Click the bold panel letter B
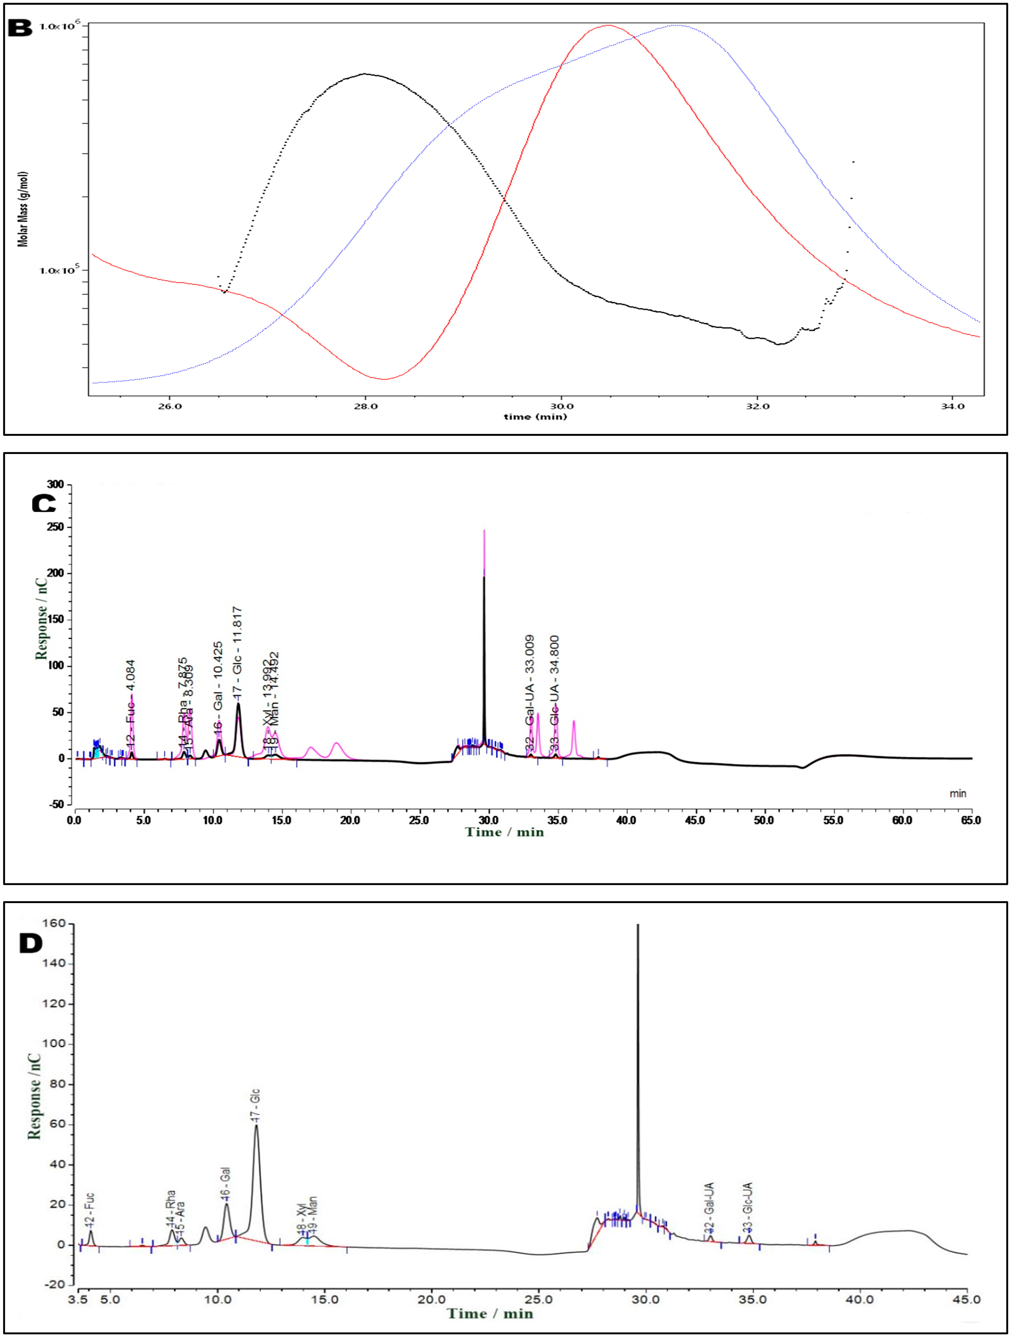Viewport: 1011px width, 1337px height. click(20, 28)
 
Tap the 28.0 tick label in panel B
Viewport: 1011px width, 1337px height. click(365, 406)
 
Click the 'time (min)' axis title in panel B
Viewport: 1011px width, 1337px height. click(535, 416)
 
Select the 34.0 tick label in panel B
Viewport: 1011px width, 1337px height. click(953, 406)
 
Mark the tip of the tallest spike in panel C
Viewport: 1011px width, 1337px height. click(484, 531)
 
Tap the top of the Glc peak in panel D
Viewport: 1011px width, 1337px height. click(256, 1125)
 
